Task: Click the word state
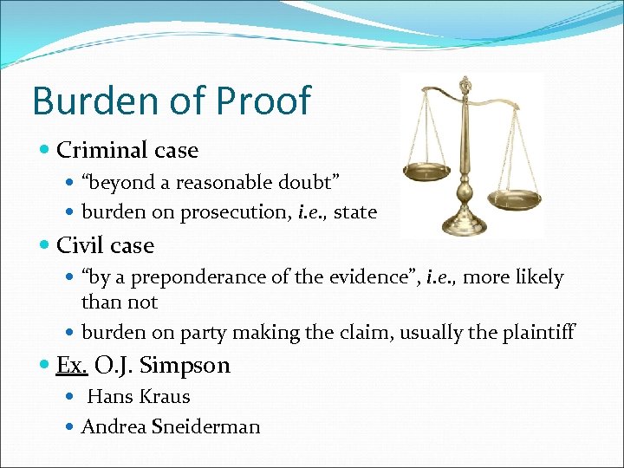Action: pos(355,212)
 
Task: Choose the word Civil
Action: pos(75,245)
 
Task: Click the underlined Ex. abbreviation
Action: pos(71,365)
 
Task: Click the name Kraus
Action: pos(165,397)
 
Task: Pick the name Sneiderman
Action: pos(208,426)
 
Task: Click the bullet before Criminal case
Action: pos(46,151)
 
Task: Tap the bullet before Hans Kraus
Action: pos(71,397)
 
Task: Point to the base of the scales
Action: pos(465,226)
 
